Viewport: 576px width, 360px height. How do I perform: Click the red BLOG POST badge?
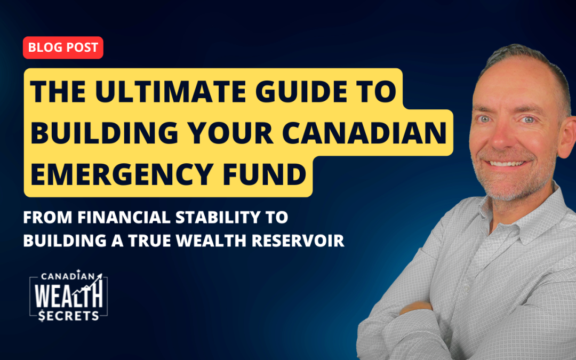pos(63,47)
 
